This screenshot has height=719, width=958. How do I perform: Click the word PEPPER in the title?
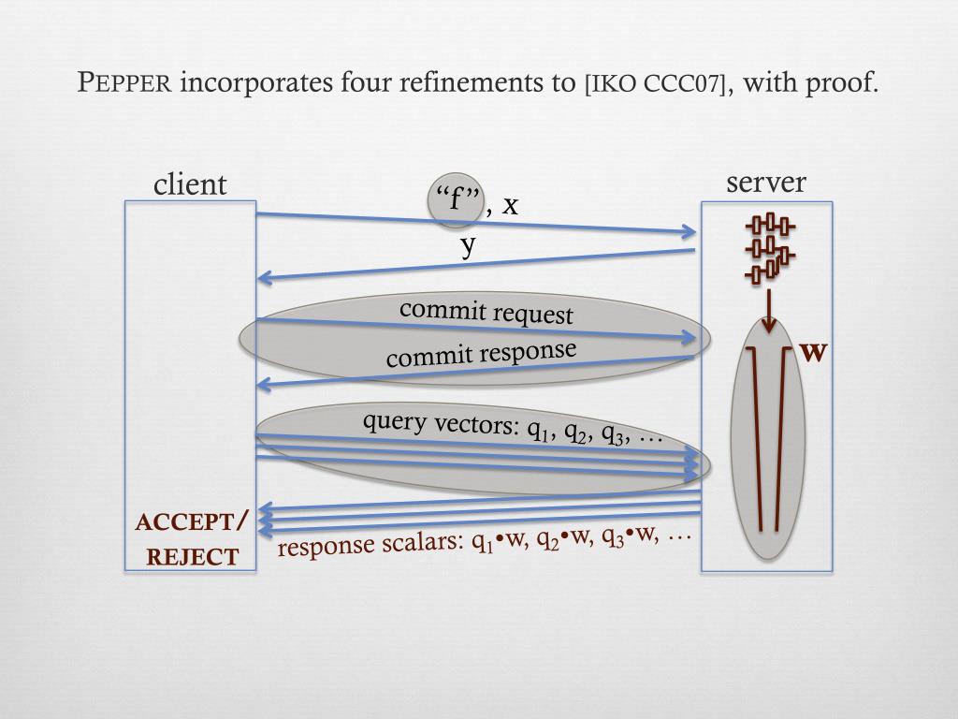point(124,83)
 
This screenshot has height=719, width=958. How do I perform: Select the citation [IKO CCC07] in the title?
point(655,83)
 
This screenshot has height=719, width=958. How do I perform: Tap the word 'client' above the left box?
point(190,184)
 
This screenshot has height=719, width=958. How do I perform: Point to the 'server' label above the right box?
point(766,183)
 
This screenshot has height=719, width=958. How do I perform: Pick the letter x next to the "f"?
point(510,204)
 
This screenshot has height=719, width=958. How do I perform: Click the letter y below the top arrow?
point(469,245)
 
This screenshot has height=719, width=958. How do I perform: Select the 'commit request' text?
point(486,312)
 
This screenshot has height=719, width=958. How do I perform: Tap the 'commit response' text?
point(481,354)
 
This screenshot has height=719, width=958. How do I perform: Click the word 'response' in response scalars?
point(321,547)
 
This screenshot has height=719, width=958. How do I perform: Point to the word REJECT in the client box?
point(193,558)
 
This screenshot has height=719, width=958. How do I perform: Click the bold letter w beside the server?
point(813,352)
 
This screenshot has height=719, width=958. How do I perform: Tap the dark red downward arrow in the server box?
point(768,312)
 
